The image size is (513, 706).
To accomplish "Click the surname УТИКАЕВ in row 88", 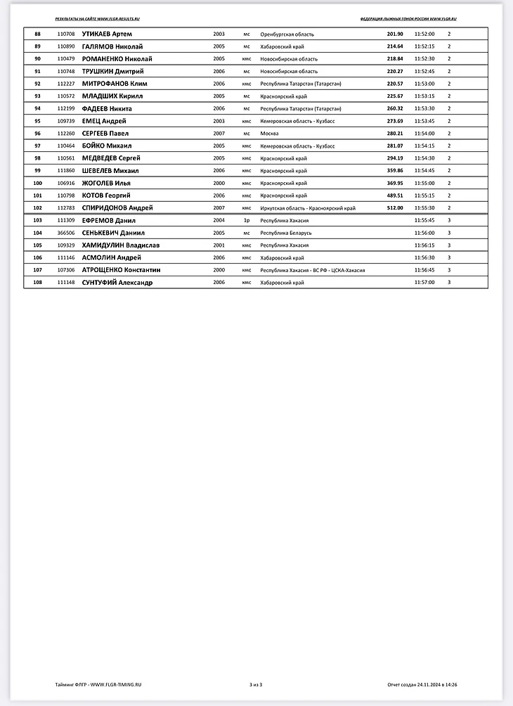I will [97, 34].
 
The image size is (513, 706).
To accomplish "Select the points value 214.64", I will [394, 46].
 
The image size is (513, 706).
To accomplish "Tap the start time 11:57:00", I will [424, 283].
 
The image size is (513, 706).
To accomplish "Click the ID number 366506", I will [66, 233].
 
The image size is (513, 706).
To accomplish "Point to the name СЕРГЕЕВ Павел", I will [105, 134].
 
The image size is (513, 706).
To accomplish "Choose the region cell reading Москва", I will [269, 134].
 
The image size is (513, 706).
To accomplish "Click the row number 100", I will [38, 183].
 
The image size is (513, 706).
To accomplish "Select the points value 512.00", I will [394, 208].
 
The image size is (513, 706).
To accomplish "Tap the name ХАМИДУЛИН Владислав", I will [121, 245].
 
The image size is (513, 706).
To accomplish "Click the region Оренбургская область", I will [287, 34].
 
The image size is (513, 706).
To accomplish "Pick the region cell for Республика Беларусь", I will [285, 233].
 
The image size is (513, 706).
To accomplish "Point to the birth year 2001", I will [219, 245].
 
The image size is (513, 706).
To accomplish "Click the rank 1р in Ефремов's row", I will [247, 220].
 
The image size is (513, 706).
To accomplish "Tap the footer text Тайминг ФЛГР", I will [71, 684].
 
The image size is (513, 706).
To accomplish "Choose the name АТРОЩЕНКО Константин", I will [122, 270].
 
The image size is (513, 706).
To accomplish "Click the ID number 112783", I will [66, 208].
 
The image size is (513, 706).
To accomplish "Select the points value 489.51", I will [394, 195].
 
